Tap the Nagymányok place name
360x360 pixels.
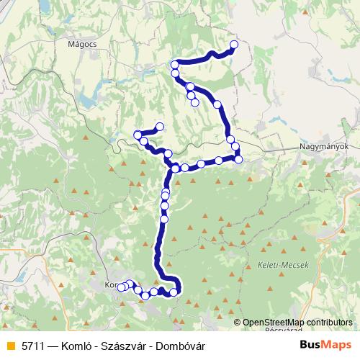(x=324, y=146)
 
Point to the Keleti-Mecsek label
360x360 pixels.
(x=282, y=265)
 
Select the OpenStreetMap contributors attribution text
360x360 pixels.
(x=297, y=323)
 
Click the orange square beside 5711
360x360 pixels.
(x=10, y=345)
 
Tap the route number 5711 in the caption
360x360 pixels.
(x=33, y=345)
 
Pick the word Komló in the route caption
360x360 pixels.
(x=74, y=345)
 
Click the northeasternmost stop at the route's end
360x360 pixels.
(x=234, y=45)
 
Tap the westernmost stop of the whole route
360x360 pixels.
(x=120, y=287)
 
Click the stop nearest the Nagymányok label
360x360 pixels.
(x=238, y=158)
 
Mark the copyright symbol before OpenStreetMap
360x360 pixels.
(x=238, y=323)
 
